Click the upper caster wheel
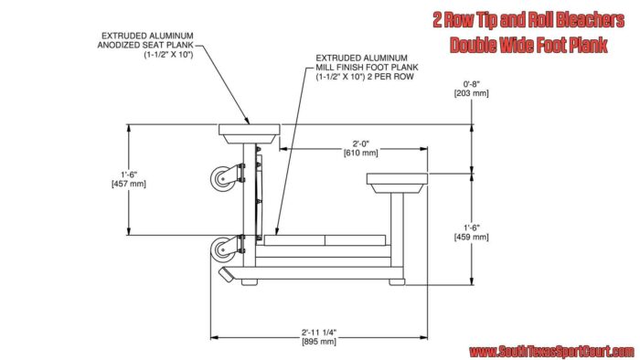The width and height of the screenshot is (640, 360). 222,179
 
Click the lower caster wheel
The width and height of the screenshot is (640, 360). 222,249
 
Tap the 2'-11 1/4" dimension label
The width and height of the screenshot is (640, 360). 319,333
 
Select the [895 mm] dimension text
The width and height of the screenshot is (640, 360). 319,342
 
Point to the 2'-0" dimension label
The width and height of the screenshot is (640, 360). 361,143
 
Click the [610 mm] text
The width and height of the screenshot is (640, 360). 361,153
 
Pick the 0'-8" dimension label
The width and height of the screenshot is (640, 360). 472,84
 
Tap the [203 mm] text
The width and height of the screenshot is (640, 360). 472,93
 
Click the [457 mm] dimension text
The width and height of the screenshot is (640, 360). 129,184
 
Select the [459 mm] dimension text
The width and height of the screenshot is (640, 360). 472,237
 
